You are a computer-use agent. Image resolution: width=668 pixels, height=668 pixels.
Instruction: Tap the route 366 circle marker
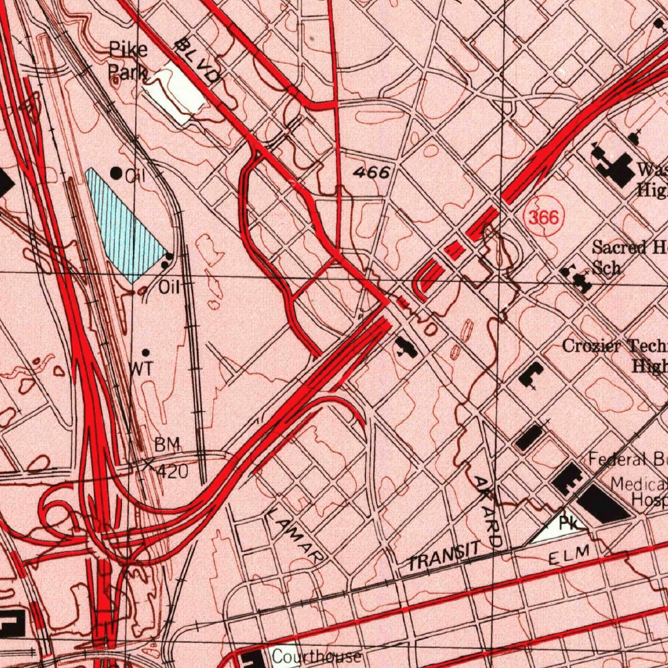[543, 218]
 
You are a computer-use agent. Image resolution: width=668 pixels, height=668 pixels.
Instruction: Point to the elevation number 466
[372, 173]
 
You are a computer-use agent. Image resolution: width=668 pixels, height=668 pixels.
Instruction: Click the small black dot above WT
[145, 352]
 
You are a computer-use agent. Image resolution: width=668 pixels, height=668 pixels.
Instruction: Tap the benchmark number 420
[173, 470]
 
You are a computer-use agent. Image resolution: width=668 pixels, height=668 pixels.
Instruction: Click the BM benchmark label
[166, 446]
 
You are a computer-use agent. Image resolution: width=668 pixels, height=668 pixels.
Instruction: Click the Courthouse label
[316, 656]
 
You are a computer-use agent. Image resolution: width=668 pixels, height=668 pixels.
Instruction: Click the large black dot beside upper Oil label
[116, 173]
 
